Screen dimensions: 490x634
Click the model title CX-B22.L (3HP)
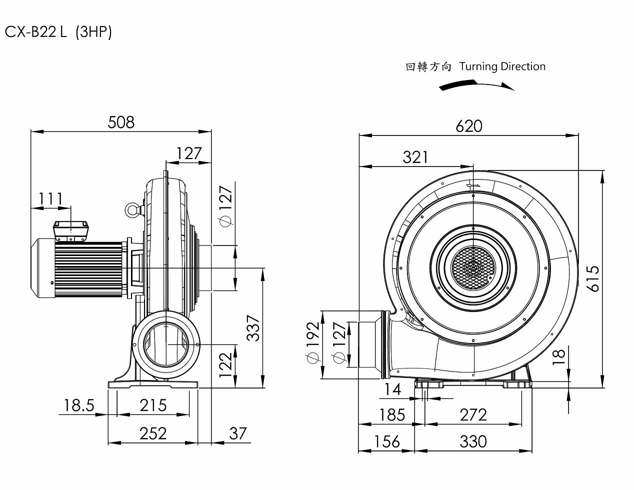[58, 32]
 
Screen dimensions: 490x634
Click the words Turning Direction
[502, 66]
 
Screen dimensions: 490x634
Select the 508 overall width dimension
[121, 122]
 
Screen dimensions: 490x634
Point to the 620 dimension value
[468, 126]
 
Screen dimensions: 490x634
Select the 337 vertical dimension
[254, 327]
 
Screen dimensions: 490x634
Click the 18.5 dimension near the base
[79, 405]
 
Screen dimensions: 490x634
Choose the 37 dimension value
[237, 433]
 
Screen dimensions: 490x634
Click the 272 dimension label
[472, 414]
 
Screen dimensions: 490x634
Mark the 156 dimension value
[386, 441]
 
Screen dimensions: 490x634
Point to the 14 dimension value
[392, 389]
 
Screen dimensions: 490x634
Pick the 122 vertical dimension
[225, 365]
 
